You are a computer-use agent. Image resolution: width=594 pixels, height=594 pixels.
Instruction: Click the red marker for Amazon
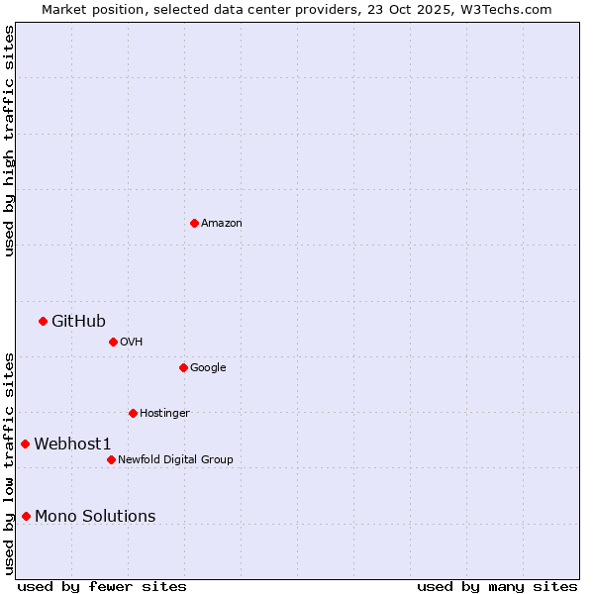pos(194,223)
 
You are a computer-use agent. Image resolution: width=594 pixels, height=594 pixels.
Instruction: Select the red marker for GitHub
pos(43,321)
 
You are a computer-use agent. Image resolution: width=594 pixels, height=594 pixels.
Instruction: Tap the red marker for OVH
pos(113,342)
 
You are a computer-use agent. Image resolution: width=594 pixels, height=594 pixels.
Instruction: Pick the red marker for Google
pos(183,367)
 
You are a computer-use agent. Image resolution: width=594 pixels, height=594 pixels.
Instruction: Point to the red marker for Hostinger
pos(133,413)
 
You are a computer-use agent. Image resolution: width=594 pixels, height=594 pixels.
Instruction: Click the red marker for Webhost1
pos(25,444)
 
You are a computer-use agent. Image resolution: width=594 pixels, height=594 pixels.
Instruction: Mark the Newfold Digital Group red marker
pos(111,459)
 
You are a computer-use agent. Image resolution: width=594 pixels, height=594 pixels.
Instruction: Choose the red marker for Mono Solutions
pos(26,516)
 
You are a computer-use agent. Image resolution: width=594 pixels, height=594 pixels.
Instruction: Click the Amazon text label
pos(222,224)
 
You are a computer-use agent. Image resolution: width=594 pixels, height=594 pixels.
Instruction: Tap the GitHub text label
pos(78,321)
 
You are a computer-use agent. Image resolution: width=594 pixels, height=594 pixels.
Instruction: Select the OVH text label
pos(132,343)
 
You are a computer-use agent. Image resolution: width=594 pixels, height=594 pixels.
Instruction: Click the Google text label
pos(208,368)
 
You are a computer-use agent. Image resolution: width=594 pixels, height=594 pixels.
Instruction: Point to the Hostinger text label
pos(164,414)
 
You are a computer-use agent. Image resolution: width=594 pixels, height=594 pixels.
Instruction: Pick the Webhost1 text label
pos(72,444)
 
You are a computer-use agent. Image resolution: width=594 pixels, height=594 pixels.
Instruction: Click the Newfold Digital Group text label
pos(175,460)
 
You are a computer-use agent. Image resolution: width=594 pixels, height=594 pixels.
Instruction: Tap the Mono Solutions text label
pos(95,516)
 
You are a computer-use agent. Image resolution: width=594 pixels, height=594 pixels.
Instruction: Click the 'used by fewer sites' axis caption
pos(102,586)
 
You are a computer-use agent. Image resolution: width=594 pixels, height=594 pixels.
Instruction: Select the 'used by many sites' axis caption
pos(497,586)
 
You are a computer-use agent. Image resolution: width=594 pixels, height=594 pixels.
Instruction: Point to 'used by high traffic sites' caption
pos(9,141)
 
